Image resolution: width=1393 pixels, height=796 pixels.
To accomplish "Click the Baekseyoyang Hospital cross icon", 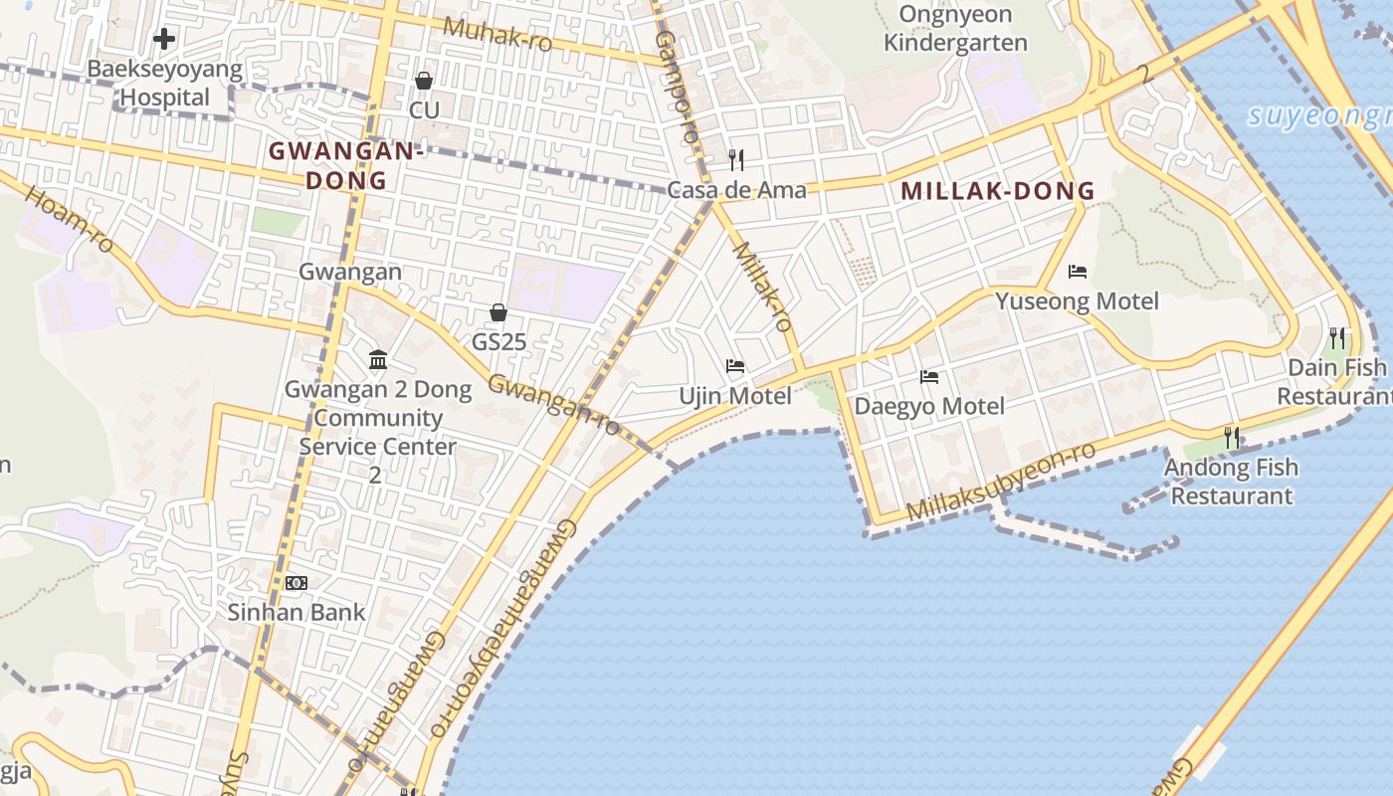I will pos(164,39).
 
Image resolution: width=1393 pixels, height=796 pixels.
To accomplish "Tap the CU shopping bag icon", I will pos(424,81).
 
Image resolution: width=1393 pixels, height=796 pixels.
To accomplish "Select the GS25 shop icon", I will pos(498,313).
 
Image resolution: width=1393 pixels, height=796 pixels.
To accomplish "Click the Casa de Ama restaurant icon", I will pos(736,159).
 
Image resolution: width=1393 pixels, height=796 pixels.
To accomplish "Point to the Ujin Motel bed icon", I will pos(735,366).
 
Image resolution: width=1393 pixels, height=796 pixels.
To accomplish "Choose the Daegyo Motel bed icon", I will pos(929,376).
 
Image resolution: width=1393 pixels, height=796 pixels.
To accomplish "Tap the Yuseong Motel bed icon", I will pos(1077,271).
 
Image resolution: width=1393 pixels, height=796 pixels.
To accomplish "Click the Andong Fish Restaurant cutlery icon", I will pos(1231,437).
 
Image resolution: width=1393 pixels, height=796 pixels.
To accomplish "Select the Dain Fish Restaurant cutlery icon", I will pos(1337,338).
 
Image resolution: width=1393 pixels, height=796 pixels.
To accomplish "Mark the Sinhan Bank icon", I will pos(297,583).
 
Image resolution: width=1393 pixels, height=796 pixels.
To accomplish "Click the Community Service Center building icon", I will pos(378,359).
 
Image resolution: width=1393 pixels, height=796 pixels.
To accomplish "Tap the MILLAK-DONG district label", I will pos(998,191).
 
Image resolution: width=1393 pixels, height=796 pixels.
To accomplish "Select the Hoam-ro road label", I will pos(69,218).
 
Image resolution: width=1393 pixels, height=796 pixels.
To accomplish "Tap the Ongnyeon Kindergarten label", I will pos(955,29).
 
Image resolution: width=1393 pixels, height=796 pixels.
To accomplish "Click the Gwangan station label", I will pos(350,272).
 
